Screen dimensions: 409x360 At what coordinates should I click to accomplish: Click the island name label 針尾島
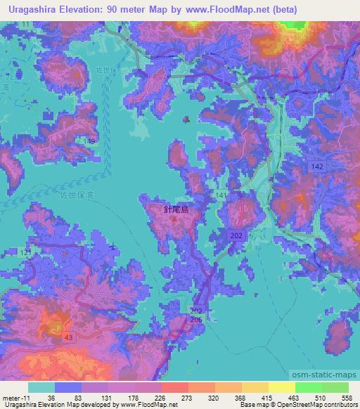click(x=176, y=209)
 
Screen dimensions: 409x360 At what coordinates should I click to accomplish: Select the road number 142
click(x=316, y=164)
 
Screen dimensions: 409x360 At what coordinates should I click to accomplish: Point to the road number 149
click(x=89, y=141)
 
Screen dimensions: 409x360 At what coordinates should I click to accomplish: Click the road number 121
click(x=27, y=252)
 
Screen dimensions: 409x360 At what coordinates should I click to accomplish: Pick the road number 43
click(x=67, y=337)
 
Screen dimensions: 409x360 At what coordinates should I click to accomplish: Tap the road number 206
click(x=196, y=319)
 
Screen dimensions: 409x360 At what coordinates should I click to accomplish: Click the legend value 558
click(x=347, y=397)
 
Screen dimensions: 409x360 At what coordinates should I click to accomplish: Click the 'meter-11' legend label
click(x=15, y=397)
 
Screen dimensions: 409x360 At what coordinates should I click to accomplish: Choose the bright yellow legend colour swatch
click(x=281, y=387)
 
